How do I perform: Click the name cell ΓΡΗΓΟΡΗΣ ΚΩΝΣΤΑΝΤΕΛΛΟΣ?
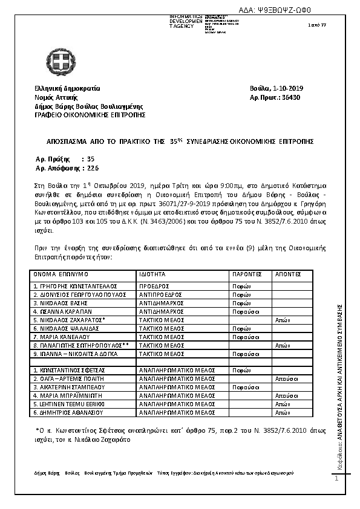coord(75,285)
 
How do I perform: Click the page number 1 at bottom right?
coord(336,479)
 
